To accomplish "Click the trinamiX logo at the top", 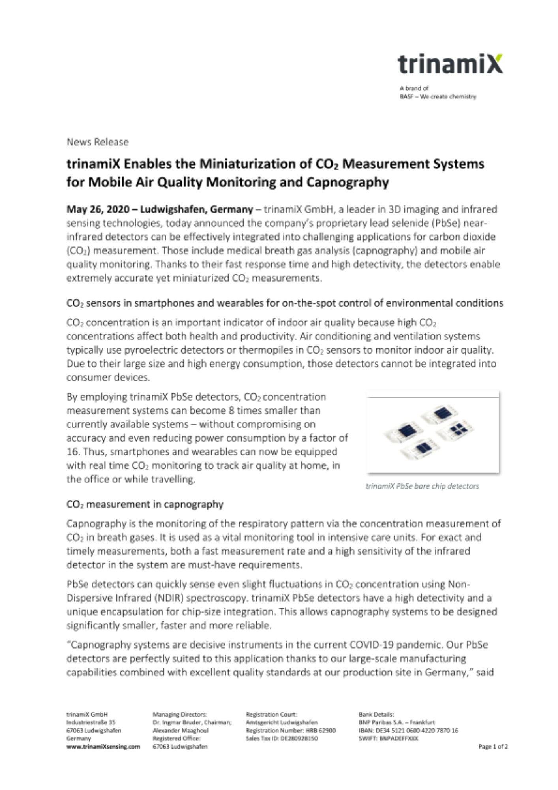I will pos(450,64).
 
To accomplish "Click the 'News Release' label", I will pos(98,142).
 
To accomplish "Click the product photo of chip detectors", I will pos(433,433).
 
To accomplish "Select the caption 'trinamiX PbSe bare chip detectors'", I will pos(422,486).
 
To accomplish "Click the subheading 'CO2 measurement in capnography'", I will pos(145,504).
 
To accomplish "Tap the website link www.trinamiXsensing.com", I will pos(103,747).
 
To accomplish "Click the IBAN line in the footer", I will pos(408,730).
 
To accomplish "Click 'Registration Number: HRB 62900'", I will pos(291,730).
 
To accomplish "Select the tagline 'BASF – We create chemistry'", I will pos(438,96).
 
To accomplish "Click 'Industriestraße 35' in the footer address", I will pos(91,722).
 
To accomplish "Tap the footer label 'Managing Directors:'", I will pos(180,714).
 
